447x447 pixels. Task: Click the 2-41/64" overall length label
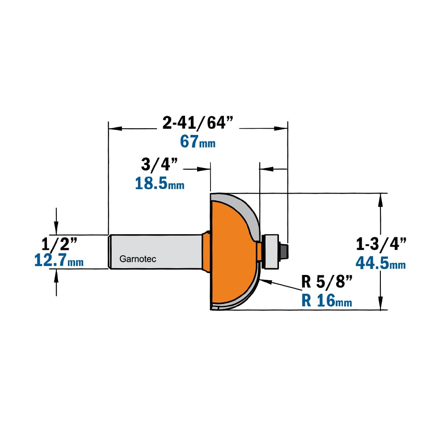pos(198,123)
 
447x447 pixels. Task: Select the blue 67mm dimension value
pos(198,141)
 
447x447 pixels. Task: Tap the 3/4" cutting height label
pos(160,164)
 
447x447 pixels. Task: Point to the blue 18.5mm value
pos(160,183)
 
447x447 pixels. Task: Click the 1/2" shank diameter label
pos(59,245)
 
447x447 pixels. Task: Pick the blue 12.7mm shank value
pos(59,260)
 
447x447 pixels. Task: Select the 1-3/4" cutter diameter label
pos(381,244)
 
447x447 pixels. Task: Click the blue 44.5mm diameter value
pos(380,263)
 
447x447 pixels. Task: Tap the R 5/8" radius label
pos(327,282)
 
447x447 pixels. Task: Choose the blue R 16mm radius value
pos(327,300)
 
